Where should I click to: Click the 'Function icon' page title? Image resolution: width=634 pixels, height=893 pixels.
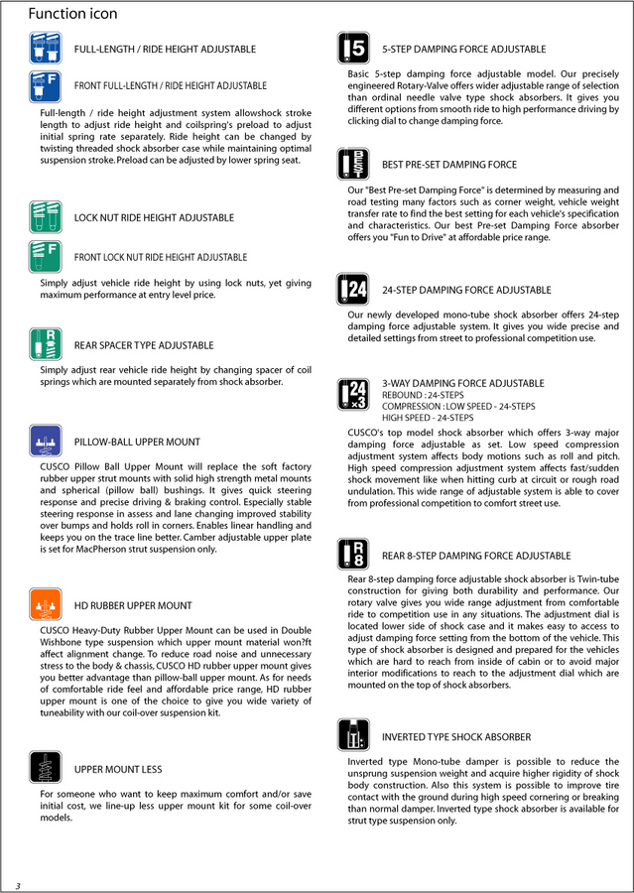(x=72, y=14)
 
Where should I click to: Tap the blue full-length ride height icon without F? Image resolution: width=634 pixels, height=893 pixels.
(x=46, y=49)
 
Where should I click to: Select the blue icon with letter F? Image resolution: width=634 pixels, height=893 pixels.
(x=46, y=86)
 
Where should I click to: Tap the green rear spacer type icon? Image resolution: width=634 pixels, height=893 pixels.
(x=46, y=343)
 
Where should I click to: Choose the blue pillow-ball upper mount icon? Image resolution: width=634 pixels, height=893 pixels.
(x=46, y=441)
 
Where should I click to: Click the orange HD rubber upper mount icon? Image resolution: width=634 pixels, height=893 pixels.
(x=46, y=604)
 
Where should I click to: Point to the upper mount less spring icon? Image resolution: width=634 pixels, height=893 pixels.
(x=46, y=768)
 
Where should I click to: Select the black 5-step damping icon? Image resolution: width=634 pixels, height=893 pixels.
(x=353, y=49)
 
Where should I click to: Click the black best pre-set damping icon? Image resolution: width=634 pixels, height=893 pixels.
(x=353, y=165)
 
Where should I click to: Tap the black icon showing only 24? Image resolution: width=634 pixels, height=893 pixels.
(x=353, y=290)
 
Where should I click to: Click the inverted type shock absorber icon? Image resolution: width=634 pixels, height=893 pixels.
(x=353, y=736)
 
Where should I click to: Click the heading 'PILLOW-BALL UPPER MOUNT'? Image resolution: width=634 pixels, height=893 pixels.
(x=137, y=443)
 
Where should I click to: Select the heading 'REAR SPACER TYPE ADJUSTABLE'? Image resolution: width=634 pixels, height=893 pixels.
(x=144, y=346)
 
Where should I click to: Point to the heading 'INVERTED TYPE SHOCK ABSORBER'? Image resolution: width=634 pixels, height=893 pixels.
(x=456, y=737)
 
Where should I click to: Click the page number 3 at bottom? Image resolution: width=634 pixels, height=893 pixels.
(x=17, y=884)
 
